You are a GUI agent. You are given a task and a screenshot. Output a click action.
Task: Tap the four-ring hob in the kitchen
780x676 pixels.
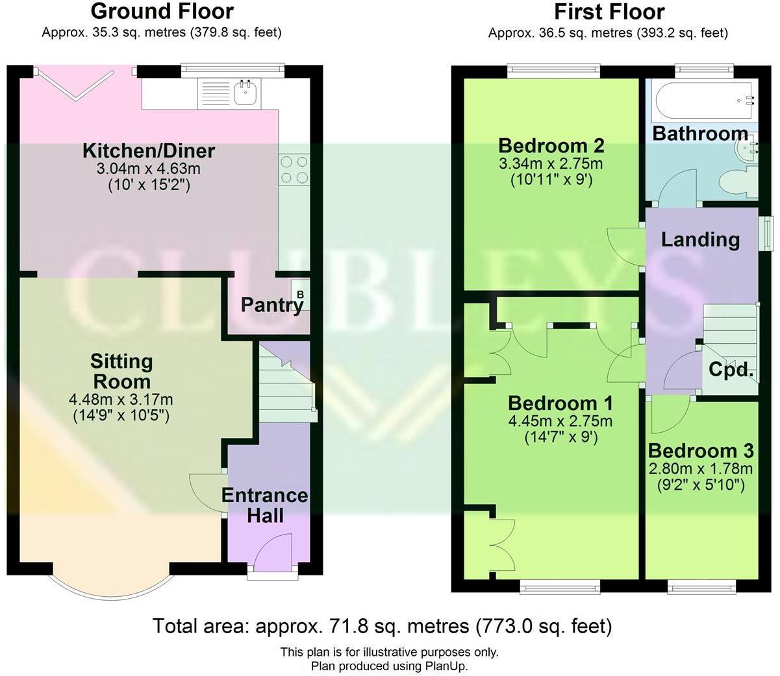tap(294, 170)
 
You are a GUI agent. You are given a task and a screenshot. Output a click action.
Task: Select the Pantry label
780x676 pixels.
tap(271, 304)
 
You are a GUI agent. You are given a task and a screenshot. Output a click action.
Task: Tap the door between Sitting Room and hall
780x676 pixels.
tap(207, 493)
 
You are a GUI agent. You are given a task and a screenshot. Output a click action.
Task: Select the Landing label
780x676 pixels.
tap(700, 239)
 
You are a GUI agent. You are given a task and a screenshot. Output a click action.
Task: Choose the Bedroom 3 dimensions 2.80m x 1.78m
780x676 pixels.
tap(701, 468)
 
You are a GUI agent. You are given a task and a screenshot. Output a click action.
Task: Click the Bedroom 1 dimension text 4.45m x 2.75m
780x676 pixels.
tap(560, 421)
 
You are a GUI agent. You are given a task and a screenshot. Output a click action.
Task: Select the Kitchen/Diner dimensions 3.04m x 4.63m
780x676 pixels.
tap(149, 169)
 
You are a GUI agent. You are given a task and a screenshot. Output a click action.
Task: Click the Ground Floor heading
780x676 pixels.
tap(162, 11)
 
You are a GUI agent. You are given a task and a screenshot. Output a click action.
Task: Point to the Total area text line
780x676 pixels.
tap(382, 626)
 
